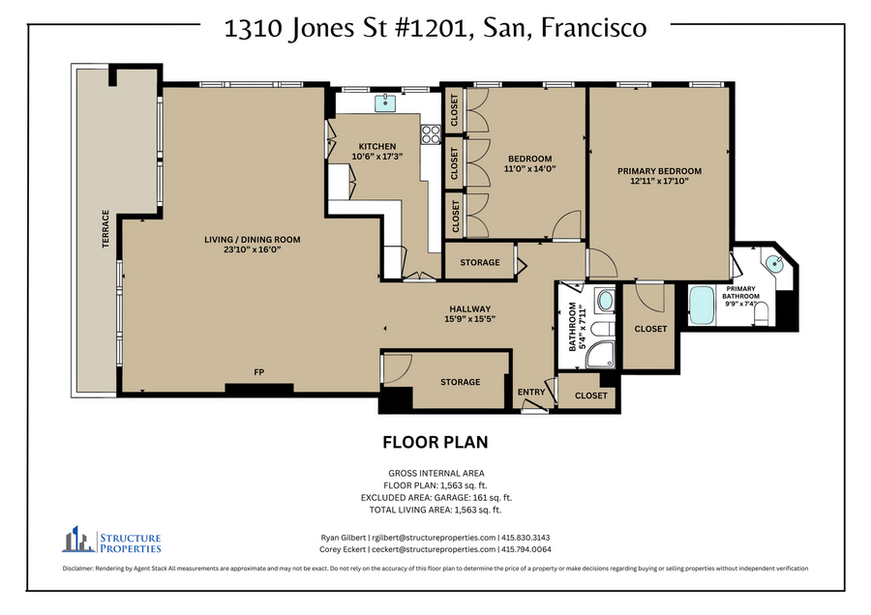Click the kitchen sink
(385, 102)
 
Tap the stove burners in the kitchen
(431, 134)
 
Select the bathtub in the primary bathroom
(702, 305)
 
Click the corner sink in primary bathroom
(774, 264)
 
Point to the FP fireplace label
(258, 372)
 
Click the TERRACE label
(105, 228)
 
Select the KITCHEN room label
(377, 147)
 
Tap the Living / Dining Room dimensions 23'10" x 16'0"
(253, 249)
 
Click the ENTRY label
(531, 392)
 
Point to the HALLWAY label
(470, 309)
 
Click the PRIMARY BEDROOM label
(659, 171)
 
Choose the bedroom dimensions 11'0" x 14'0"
(530, 168)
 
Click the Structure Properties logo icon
(78, 539)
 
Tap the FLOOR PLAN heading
(435, 442)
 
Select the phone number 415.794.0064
(526, 549)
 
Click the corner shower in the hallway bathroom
(600, 354)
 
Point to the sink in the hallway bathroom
(605, 301)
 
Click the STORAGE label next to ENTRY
(460, 382)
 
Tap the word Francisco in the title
(594, 28)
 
